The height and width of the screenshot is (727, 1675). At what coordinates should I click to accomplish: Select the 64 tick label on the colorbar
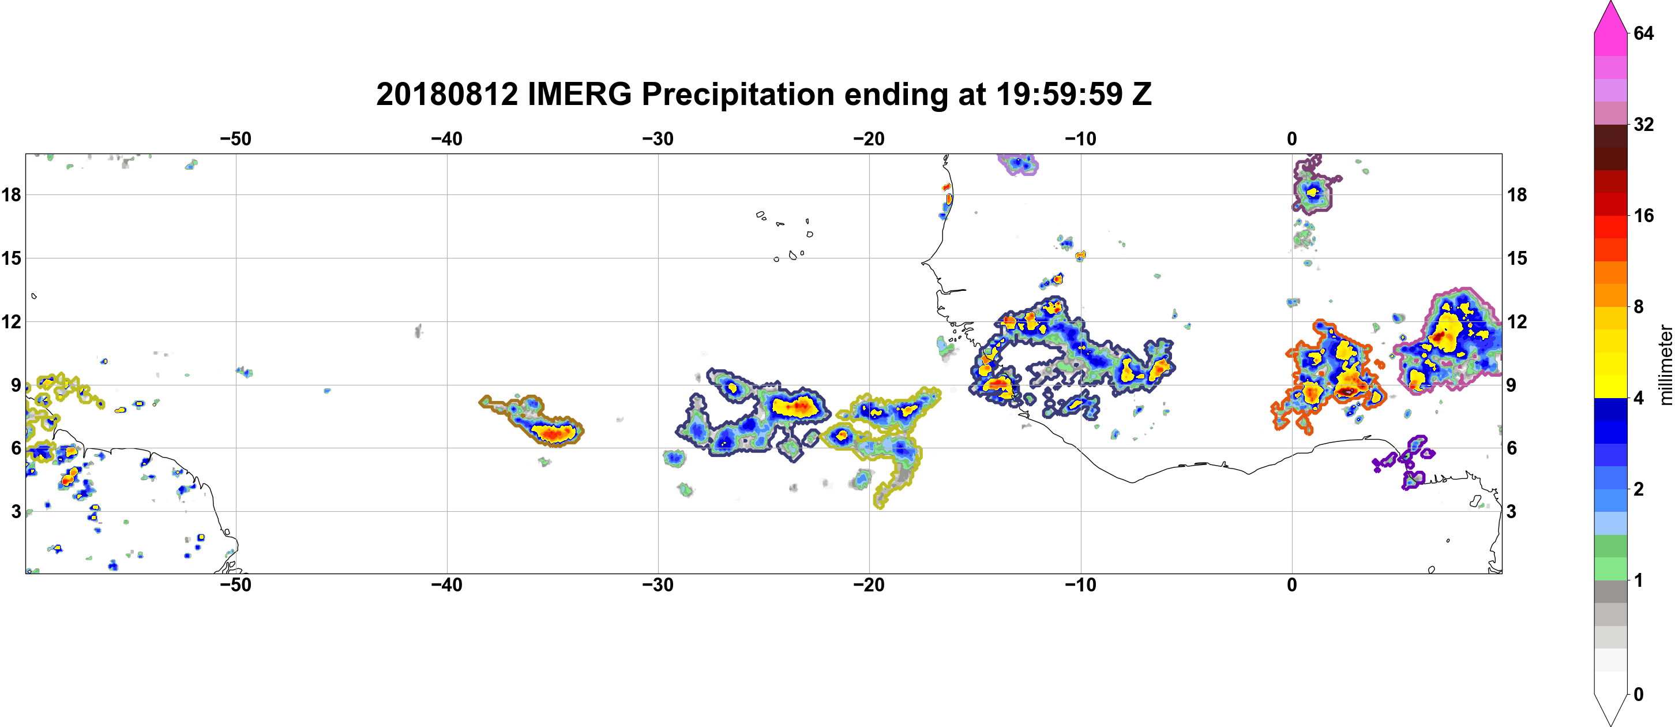click(x=1644, y=33)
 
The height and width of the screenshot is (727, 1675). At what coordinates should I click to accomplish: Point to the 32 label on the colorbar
click(x=1644, y=124)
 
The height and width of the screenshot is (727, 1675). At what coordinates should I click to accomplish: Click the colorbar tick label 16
click(x=1644, y=215)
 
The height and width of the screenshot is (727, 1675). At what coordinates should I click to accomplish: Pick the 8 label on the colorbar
click(x=1639, y=306)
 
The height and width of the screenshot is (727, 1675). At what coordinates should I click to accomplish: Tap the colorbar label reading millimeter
click(x=1665, y=364)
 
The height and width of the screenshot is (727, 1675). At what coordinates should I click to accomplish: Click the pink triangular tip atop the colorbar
click(x=1610, y=16)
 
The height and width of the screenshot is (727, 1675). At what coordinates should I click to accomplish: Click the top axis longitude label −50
click(x=235, y=138)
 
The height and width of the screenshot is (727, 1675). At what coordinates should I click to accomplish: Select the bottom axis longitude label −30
click(x=658, y=584)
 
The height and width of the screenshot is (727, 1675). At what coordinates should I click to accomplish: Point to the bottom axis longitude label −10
click(x=1081, y=584)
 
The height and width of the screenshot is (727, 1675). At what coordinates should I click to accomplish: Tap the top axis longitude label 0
click(x=1292, y=138)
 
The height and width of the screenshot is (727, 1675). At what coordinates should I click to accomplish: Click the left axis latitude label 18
click(x=11, y=194)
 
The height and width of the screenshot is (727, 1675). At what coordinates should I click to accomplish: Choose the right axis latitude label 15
click(x=1517, y=258)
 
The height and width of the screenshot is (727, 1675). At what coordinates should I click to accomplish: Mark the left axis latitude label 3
click(x=16, y=511)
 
